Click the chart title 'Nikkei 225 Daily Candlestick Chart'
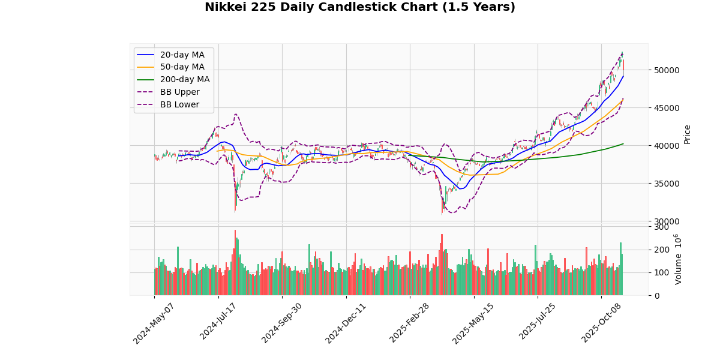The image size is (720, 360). click(359, 7)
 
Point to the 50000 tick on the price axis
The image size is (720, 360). click(667, 70)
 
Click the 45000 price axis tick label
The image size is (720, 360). click(667, 108)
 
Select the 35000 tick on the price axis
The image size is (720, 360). click(667, 184)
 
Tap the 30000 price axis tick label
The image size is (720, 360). click(667, 221)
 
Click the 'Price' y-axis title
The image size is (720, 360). click(688, 134)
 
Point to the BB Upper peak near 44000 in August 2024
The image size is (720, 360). click(236, 114)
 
